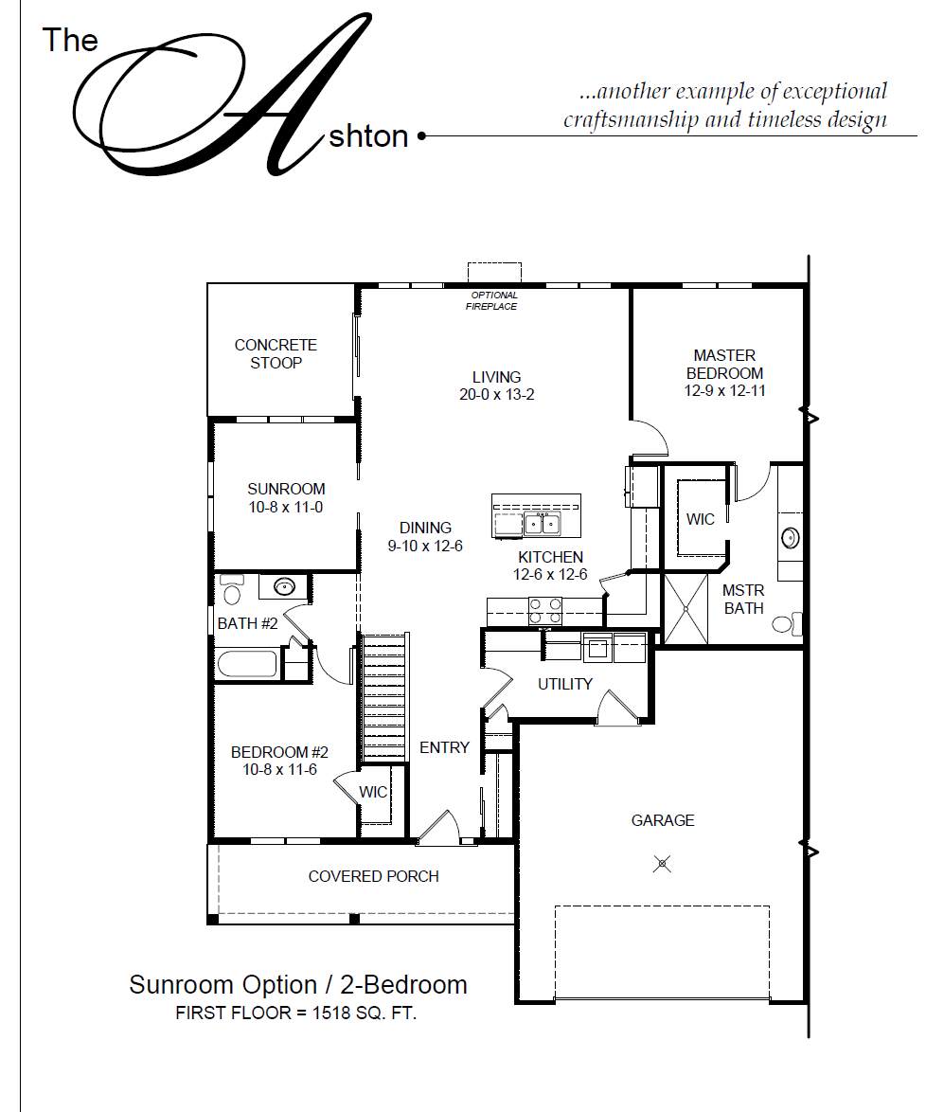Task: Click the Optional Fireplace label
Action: [493, 300]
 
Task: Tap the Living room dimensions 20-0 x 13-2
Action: [496, 394]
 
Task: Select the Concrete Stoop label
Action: [276, 354]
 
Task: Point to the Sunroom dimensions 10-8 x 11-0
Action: [286, 507]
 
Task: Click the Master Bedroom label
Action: [724, 364]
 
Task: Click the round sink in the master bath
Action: [790, 538]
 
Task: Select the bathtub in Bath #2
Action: [249, 665]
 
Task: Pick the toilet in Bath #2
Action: [231, 588]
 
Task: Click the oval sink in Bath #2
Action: [285, 587]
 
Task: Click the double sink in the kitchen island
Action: [543, 524]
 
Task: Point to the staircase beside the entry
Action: [383, 698]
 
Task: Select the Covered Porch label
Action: [374, 876]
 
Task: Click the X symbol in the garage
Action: [662, 864]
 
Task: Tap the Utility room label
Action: [565, 684]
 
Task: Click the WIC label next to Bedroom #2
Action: [373, 792]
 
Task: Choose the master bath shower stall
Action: [686, 608]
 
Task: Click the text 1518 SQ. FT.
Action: [365, 1013]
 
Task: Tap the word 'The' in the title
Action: [69, 40]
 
